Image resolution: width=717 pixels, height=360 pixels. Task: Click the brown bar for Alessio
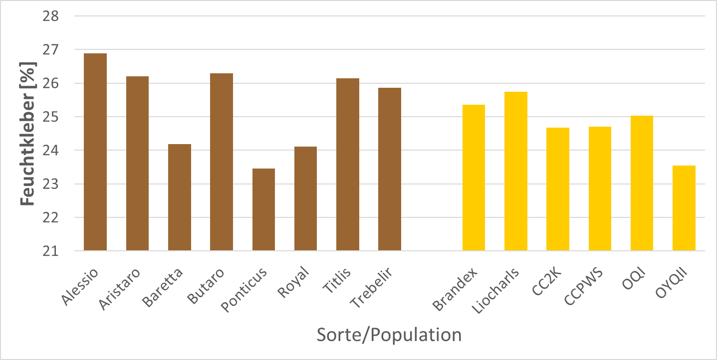point(95,152)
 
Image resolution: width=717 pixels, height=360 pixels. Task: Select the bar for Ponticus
point(263,209)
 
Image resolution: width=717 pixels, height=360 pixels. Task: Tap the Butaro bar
point(222,162)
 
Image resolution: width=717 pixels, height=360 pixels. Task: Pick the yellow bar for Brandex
point(474,178)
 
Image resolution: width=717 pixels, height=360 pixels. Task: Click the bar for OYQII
point(684,208)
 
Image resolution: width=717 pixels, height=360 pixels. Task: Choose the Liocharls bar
point(515,171)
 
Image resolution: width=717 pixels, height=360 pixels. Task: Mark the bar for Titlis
point(348,165)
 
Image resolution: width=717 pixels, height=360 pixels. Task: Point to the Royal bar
point(305,198)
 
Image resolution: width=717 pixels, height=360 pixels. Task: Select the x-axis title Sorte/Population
point(389,335)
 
